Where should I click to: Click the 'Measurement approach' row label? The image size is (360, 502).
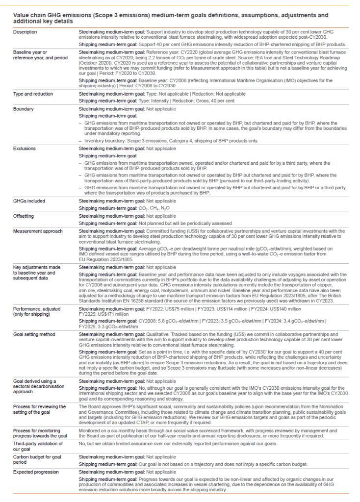(x=35, y=230)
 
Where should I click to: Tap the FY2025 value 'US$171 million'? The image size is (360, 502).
(x=111, y=315)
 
